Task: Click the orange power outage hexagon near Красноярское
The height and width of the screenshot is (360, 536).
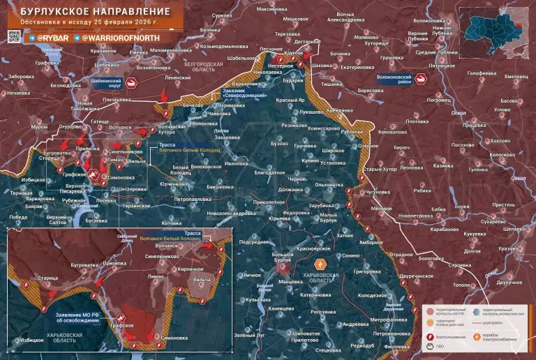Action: (x=320, y=264)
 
